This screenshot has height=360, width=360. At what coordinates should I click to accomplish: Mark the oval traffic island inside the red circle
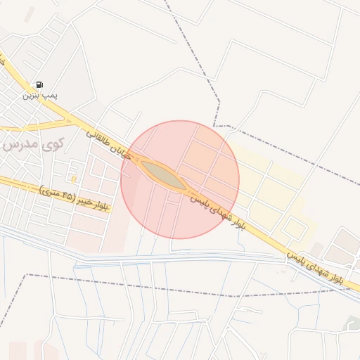[x=163, y=175]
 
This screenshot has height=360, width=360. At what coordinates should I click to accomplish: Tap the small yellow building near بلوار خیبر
[x=73, y=179]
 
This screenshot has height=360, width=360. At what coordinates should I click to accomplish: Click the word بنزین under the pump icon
[x=31, y=94]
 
